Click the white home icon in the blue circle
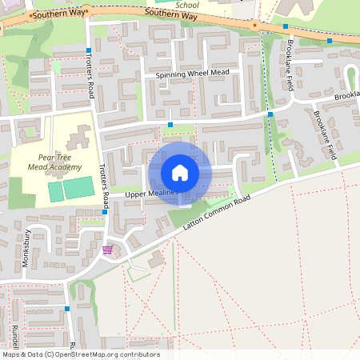(x=180, y=173)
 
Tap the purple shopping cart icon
(x=107, y=250)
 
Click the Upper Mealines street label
(x=150, y=194)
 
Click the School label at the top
(x=187, y=4)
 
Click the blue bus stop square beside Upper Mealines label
(x=105, y=213)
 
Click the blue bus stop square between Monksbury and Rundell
(x=67, y=308)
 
